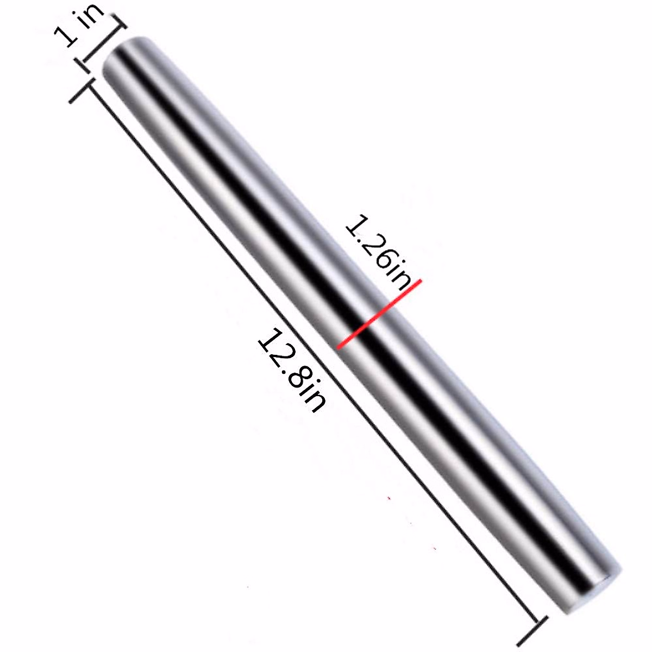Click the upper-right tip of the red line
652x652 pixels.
tap(419, 281)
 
